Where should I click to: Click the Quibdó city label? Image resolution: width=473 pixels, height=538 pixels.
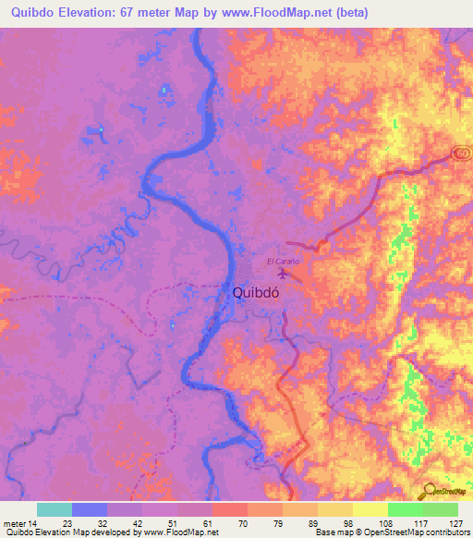click(255, 293)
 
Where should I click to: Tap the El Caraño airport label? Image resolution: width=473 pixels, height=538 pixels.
click(285, 262)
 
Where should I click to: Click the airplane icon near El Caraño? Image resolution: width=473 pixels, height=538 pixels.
click(283, 273)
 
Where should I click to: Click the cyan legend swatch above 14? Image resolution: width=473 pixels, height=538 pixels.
click(55, 509)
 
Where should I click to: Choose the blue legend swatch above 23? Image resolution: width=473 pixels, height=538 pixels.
click(90, 509)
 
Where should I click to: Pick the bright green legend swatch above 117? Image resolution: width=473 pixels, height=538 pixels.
click(405, 509)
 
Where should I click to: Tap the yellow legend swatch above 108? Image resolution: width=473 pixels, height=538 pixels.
click(370, 509)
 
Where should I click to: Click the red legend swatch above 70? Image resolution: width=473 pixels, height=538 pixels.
click(229, 509)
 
